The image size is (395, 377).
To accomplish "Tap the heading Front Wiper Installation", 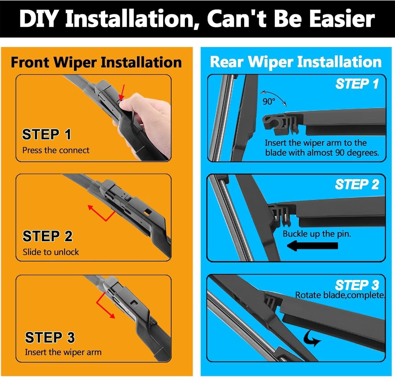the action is tap(96, 63).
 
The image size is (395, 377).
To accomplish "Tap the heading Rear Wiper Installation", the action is tap(296, 62).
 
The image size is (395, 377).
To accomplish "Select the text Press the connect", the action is tap(56, 150).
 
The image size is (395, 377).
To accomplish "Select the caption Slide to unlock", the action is tap(51, 252).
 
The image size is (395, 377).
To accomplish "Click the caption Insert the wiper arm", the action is tap(63, 352).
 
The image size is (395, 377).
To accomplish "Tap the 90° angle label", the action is tap(269, 102).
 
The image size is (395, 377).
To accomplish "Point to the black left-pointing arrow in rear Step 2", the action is tap(312, 246).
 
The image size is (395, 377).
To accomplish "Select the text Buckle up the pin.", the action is tap(317, 234).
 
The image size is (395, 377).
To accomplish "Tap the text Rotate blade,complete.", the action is tap(340, 295).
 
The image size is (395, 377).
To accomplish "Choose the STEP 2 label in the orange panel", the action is tap(47, 236).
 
